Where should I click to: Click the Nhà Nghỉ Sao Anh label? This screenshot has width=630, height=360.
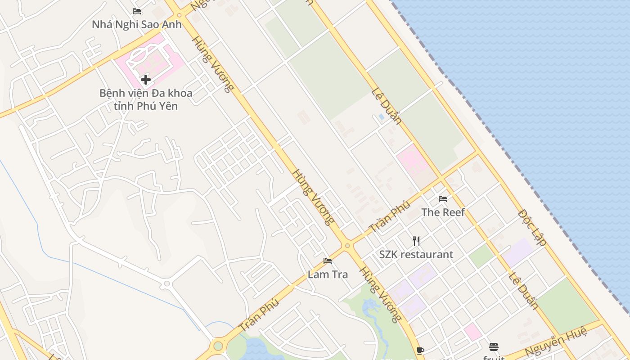point(137,24)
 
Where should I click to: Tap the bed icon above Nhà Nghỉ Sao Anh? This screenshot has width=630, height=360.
point(137,11)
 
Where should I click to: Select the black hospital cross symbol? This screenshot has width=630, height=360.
point(145,80)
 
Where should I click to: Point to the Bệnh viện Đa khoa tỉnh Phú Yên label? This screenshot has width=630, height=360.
point(145,99)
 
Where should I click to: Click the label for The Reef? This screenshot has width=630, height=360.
point(443,212)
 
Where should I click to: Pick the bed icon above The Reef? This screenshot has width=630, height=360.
point(443,199)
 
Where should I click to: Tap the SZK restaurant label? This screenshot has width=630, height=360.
point(416,254)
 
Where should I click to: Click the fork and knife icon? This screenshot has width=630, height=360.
point(416,241)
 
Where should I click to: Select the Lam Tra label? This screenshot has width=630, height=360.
point(328,274)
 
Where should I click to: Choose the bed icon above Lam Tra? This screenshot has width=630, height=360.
point(328,261)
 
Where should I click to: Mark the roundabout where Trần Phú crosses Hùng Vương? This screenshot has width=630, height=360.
point(347,246)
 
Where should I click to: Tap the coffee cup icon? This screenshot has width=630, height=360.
point(420,351)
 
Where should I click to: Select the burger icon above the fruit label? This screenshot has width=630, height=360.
point(494,347)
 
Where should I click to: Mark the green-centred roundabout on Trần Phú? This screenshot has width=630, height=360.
point(218,346)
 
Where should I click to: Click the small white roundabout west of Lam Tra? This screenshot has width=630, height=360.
point(167,283)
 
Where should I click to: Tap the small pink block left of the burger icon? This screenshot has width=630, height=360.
point(472,332)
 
